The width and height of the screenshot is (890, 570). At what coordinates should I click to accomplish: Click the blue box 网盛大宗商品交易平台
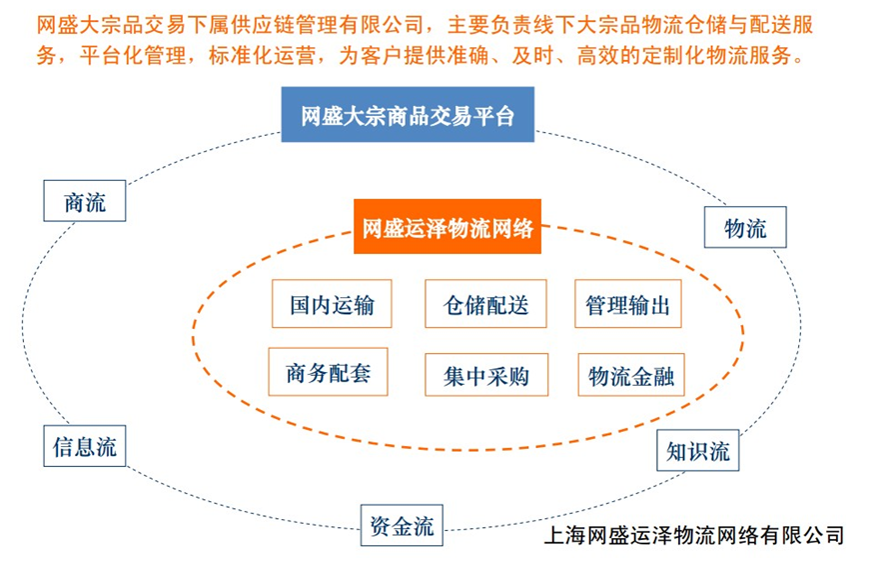coord(408,114)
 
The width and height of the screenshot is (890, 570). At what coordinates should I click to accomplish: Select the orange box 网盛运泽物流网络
coord(447,226)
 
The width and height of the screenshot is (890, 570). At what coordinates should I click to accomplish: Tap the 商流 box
coord(85,201)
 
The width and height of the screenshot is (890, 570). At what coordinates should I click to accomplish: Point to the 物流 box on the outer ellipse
coord(745,227)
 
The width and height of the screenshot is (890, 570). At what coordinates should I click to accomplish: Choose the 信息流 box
coord(85,446)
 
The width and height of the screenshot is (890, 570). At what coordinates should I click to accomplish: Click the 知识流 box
coord(698,450)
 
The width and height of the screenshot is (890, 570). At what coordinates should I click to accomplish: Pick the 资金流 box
coord(402,525)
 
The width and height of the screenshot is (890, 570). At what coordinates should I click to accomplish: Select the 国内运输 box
coord(332,303)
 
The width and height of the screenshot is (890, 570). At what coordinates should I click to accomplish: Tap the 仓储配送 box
coord(485,303)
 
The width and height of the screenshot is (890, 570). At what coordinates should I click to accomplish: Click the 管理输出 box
coord(628,303)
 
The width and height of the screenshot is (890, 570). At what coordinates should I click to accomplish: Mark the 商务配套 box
coord(328,372)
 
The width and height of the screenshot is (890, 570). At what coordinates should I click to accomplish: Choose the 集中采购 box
coord(486,375)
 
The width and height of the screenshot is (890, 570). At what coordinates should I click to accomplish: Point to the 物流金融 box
coord(631,375)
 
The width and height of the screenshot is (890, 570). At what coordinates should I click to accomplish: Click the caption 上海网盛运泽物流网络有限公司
coord(693,535)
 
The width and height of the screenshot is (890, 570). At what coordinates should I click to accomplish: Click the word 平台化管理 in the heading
coord(133,55)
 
